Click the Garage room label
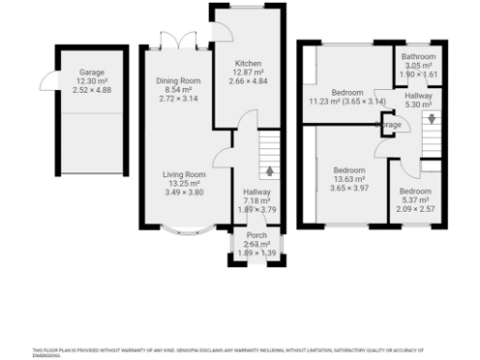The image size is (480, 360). [92, 72]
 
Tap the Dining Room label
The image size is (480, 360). [178, 81]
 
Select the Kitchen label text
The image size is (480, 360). [249, 63]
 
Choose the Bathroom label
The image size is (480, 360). [418, 57]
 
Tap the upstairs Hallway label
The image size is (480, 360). [418, 96]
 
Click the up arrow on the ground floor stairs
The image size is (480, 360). [269, 171]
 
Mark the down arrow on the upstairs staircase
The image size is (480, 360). [430, 119]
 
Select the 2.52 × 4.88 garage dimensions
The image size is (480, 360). [92, 91]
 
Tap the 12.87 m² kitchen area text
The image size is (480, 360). [249, 72]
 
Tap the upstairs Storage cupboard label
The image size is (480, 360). [391, 123]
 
